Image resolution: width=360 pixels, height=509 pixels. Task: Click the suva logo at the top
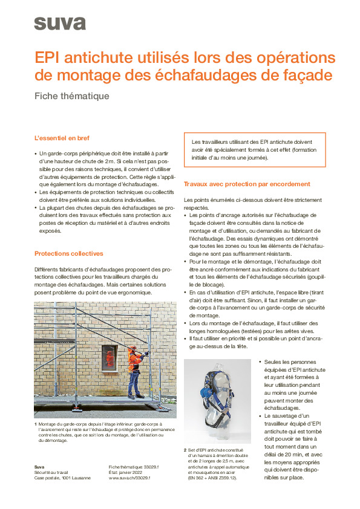59,24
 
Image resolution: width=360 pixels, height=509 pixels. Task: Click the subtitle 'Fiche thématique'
72,96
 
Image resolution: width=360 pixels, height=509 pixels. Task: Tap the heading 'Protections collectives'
68,253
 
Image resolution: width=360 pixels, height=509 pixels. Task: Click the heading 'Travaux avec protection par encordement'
247,183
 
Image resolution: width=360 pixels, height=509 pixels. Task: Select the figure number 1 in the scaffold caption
36,424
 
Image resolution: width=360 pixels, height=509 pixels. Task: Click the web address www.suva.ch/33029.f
129,478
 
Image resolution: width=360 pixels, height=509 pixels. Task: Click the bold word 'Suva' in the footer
39,467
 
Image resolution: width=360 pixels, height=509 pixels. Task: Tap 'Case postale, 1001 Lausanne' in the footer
62,478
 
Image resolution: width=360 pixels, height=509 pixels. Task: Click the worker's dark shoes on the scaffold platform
134,397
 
